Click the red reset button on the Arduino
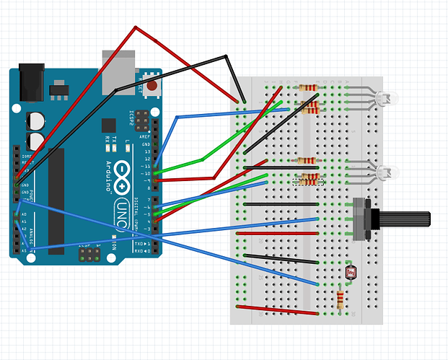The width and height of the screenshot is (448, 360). [152, 87]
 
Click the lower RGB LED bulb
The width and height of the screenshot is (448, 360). [387, 172]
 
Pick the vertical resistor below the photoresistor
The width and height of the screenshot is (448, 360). [341, 297]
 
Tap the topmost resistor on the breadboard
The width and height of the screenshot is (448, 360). [308, 87]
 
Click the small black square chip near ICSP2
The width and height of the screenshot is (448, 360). [109, 125]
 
